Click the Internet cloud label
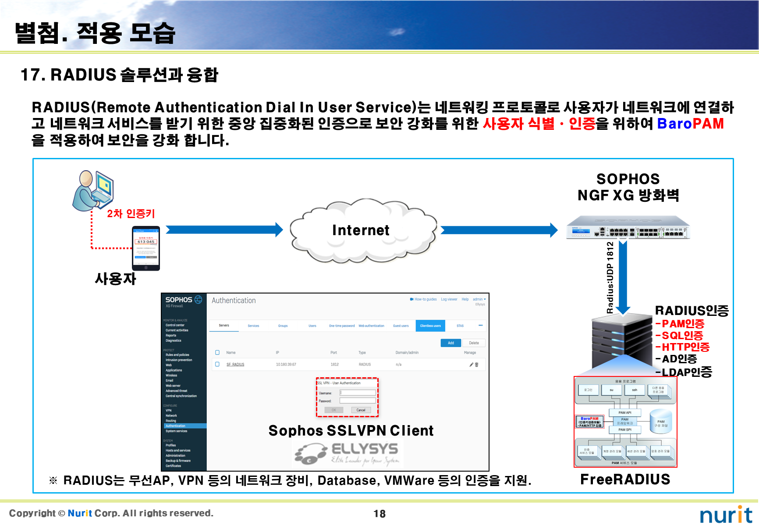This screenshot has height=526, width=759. point(361,230)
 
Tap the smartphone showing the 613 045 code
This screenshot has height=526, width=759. point(146,248)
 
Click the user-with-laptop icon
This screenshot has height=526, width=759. point(93,190)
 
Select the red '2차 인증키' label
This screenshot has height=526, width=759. point(131,214)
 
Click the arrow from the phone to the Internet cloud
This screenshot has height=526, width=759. point(224,229)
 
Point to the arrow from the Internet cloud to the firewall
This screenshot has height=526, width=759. point(499,230)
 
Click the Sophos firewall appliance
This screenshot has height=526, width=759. point(628,227)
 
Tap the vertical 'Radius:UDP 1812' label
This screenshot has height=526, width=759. point(610,277)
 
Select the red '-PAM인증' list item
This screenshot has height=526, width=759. point(680,324)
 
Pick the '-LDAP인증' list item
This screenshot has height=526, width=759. point(684,372)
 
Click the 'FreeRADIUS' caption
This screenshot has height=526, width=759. point(625,479)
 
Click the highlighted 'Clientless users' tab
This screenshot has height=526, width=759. point(430,326)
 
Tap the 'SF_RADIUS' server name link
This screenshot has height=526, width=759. point(235,365)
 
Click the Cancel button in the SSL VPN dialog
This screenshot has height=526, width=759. point(361,410)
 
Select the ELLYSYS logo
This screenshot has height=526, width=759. point(347,453)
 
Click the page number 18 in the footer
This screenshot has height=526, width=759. point(379,514)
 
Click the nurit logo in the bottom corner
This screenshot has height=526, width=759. point(726,515)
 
